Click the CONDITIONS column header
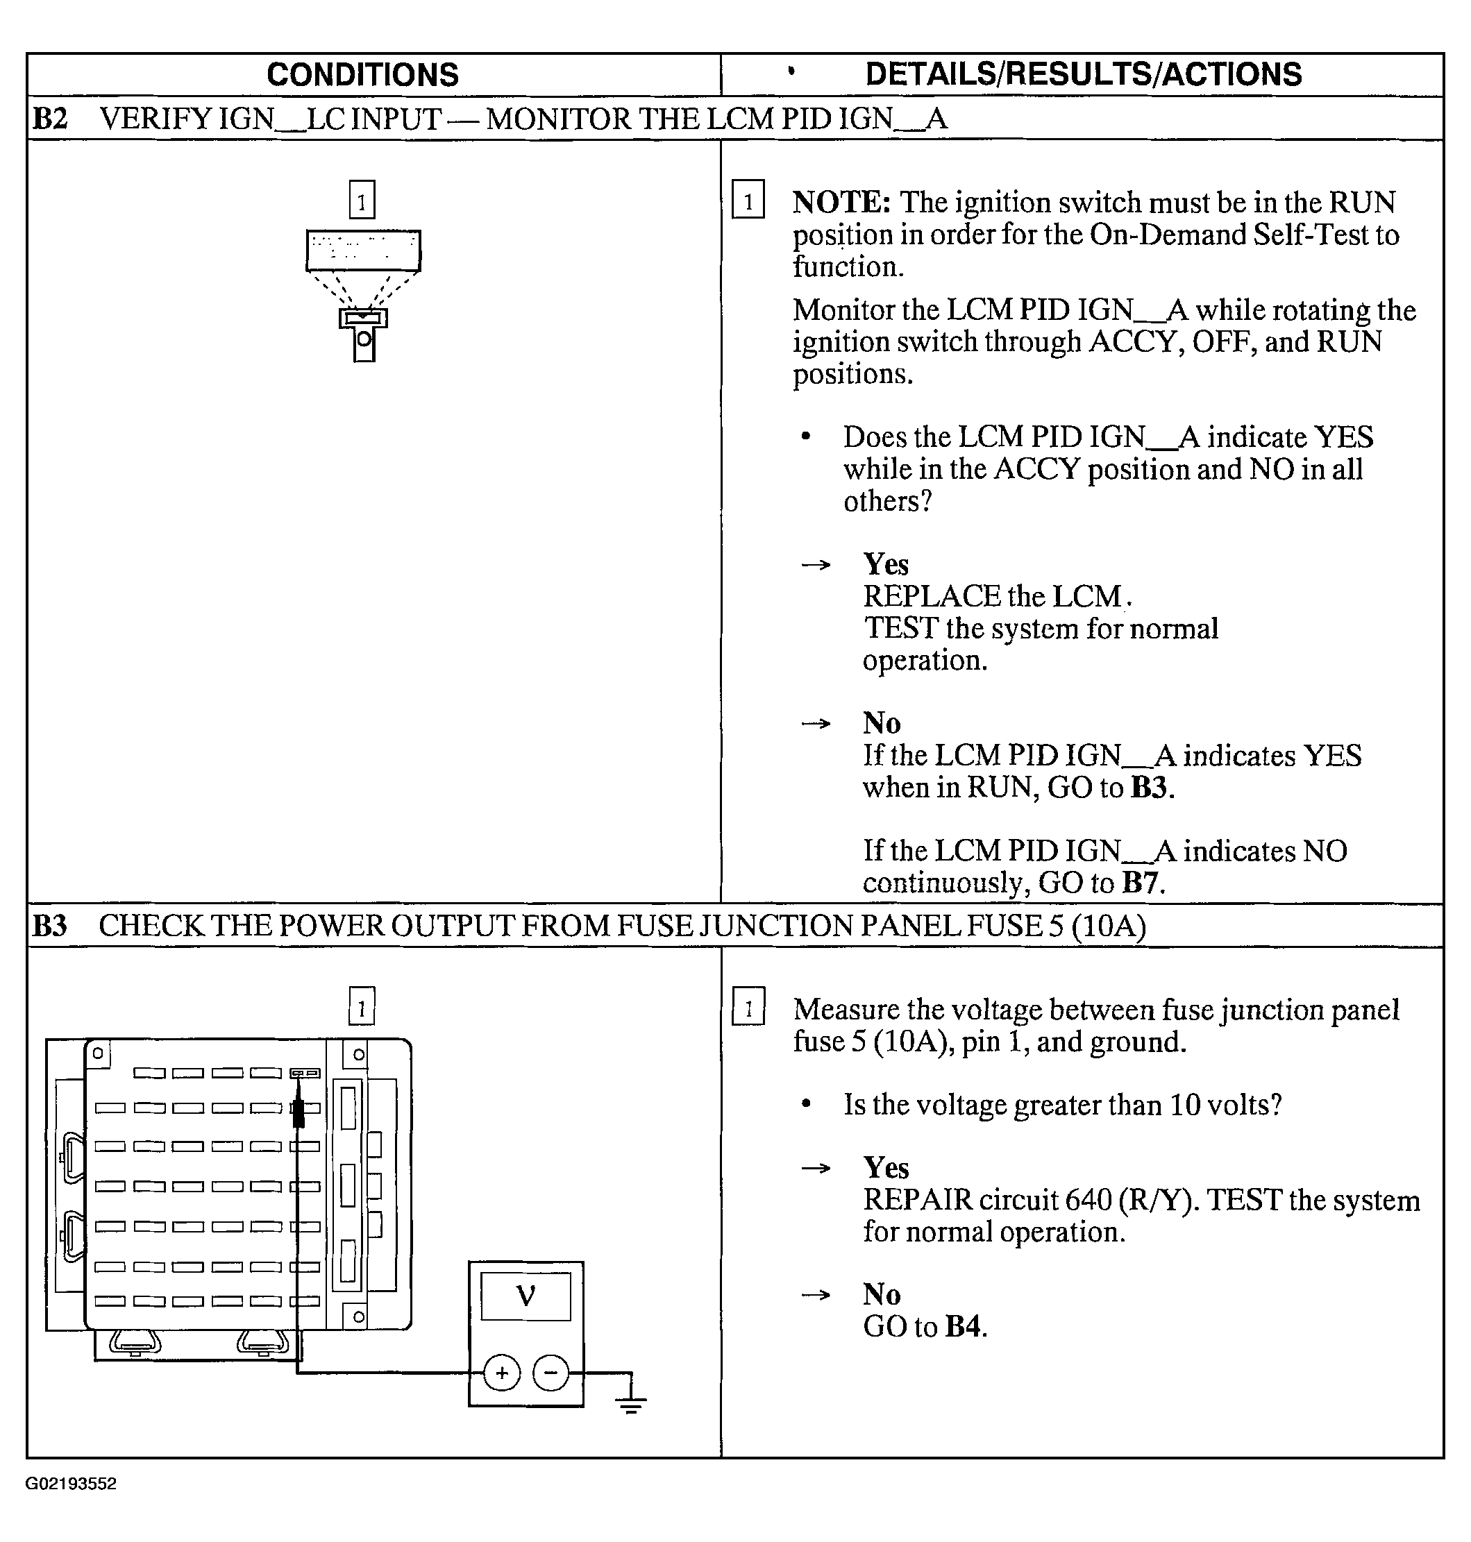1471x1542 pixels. (362, 74)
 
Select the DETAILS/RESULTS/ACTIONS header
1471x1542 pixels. (1083, 74)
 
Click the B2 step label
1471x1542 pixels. (50, 119)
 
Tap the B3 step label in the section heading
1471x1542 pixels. (49, 926)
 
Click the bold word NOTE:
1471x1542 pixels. (841, 202)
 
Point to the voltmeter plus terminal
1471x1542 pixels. (502, 1373)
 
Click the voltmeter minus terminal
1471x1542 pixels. (550, 1373)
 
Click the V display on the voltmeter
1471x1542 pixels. (526, 1296)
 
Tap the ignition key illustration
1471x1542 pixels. (363, 333)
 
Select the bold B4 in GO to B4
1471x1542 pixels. (962, 1326)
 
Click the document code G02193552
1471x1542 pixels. (71, 1484)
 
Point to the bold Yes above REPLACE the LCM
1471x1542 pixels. (886, 564)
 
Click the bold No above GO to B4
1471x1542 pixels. (882, 1294)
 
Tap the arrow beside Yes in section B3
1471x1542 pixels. (816, 1169)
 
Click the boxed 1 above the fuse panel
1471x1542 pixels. (362, 1006)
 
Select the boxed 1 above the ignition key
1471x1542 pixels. (362, 201)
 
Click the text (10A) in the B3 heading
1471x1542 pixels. (1108, 926)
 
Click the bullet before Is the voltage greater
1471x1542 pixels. (805, 1105)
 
